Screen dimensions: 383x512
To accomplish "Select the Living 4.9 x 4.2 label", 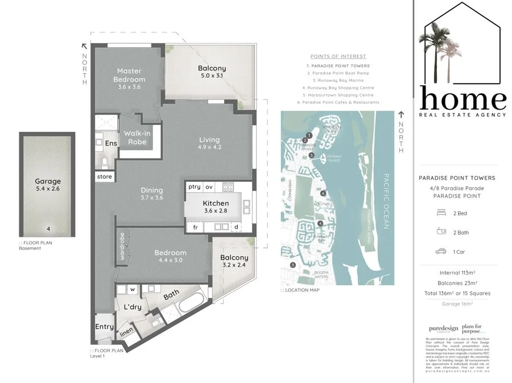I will point(209,144).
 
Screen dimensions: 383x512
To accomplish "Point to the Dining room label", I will point(152,194).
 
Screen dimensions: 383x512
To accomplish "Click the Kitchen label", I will point(216,207).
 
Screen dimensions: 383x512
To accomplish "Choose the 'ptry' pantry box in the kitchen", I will point(194,186).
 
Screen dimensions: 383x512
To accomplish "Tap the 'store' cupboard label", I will point(105,177).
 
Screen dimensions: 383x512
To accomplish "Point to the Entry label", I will point(104,326).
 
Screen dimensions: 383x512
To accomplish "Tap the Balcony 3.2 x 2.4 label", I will point(234,261).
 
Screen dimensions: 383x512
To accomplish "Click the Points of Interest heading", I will point(338,56).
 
